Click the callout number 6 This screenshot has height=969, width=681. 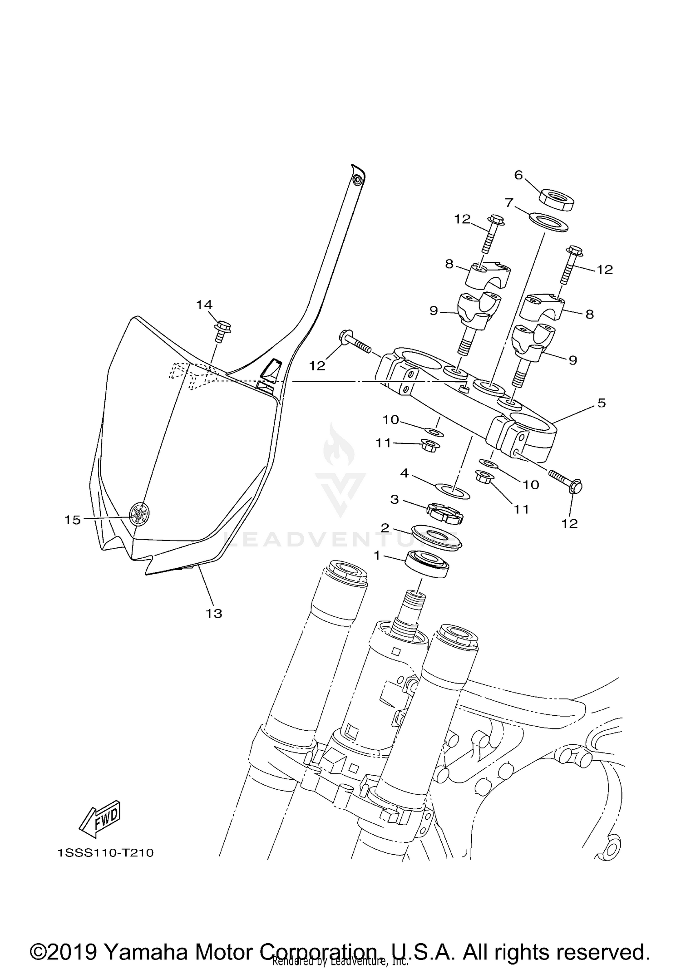coord(518,175)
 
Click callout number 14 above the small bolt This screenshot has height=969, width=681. coord(204,305)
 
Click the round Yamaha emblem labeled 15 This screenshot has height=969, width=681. coord(140,515)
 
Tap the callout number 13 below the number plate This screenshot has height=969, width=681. coord(214,614)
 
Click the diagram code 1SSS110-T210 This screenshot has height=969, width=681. coord(106,853)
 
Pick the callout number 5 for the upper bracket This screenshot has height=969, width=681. coord(602,403)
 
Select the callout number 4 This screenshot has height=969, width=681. coord(405,473)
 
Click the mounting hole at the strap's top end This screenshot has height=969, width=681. coord(358,180)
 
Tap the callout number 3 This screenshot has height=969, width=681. coord(395,500)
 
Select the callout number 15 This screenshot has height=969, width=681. coord(72,520)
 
